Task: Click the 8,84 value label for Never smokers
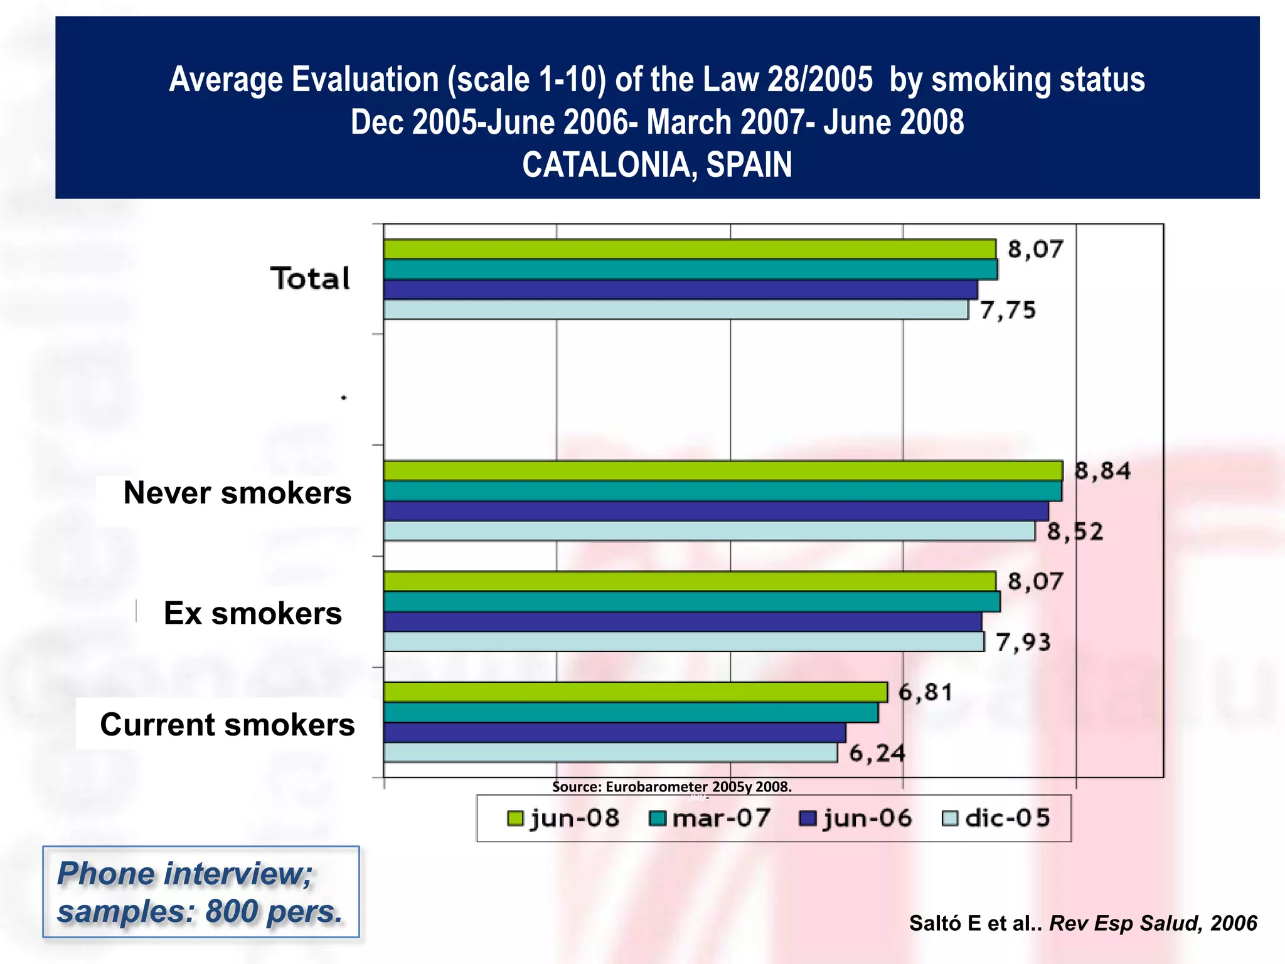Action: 1102,471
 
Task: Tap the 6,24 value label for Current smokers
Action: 877,753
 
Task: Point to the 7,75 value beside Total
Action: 1008,310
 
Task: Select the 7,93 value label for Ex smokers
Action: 1023,642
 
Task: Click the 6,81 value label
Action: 925,692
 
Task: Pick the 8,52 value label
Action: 1075,532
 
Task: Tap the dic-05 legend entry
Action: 998,818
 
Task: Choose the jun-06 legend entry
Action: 856,818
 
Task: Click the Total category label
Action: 310,279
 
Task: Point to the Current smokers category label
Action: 227,724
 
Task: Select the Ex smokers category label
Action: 252,613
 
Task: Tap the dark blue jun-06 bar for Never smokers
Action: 715,511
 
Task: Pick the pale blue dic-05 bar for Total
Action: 675,310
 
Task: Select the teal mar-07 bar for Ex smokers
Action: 690,602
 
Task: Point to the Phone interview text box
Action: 201,892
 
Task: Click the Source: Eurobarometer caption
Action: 671,786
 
